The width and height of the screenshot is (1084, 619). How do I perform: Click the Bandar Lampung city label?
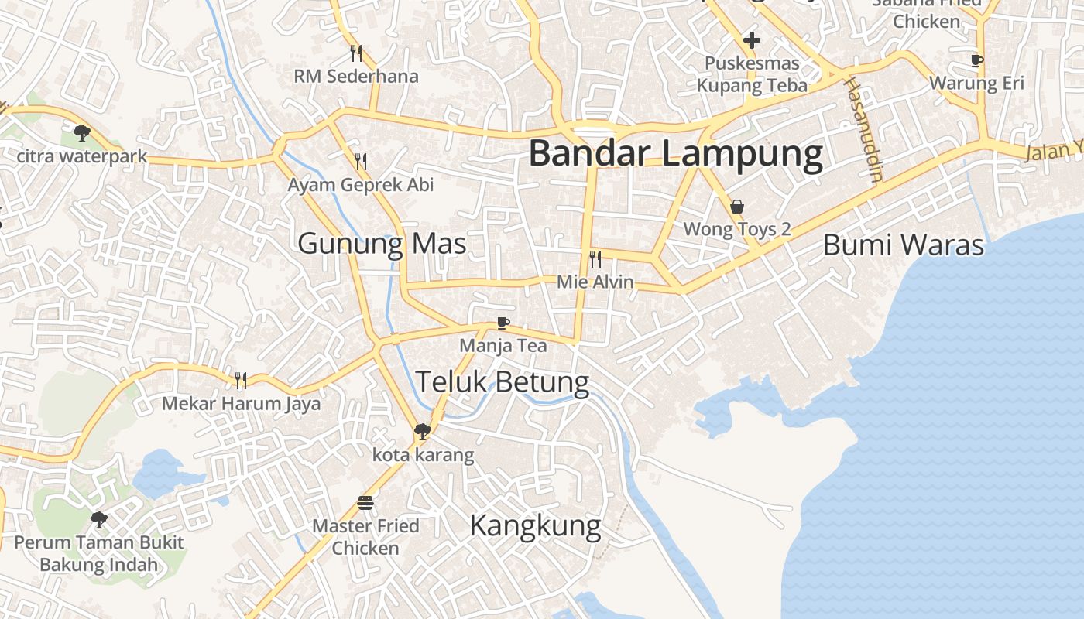(x=675, y=153)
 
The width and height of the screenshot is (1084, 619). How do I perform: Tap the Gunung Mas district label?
(x=382, y=244)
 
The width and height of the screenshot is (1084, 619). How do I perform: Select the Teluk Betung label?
(x=503, y=381)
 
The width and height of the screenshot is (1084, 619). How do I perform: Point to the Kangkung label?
(x=535, y=526)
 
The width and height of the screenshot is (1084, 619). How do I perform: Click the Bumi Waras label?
(x=903, y=245)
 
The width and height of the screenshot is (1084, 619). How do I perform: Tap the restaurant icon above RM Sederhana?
(x=356, y=53)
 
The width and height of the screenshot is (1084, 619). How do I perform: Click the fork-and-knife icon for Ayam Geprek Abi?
(x=361, y=162)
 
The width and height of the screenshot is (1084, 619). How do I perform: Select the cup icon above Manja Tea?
(x=503, y=323)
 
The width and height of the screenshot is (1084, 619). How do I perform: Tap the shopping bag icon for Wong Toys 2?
(x=737, y=207)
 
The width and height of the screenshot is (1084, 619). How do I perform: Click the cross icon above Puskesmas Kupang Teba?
(x=751, y=40)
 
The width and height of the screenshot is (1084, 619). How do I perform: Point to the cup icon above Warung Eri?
(x=977, y=60)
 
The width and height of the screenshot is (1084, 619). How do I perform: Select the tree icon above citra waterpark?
(x=81, y=133)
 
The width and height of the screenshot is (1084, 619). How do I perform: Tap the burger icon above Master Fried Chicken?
(x=365, y=503)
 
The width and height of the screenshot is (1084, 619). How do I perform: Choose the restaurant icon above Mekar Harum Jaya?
(x=241, y=380)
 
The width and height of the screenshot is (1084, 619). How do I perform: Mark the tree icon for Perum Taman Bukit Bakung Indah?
(x=98, y=519)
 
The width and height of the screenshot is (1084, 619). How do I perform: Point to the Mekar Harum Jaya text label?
(x=241, y=404)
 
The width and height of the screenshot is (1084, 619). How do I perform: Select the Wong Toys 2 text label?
(x=737, y=229)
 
